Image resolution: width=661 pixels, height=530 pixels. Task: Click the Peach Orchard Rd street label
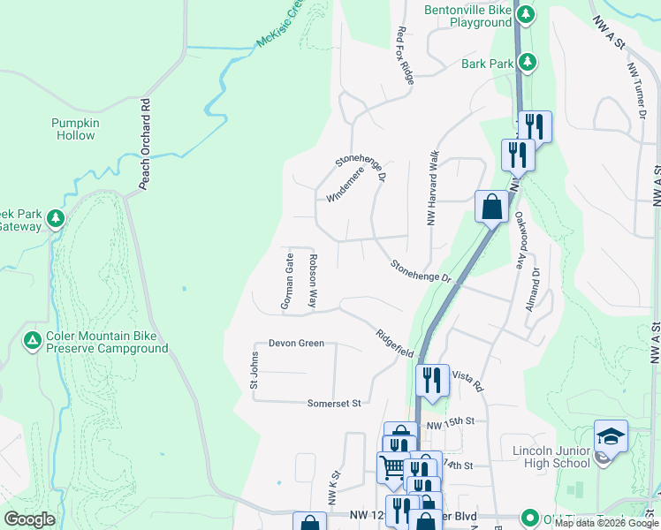(x=146, y=143)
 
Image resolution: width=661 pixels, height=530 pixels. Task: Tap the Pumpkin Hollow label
(x=73, y=129)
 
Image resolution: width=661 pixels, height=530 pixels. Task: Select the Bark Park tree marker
(x=528, y=61)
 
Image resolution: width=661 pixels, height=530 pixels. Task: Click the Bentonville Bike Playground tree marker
(x=526, y=14)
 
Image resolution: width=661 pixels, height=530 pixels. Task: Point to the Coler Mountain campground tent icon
(x=33, y=340)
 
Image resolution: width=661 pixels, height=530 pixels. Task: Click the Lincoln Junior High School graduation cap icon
(x=611, y=438)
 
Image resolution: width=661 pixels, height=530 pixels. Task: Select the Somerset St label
(x=334, y=404)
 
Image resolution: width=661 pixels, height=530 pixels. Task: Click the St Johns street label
(x=255, y=371)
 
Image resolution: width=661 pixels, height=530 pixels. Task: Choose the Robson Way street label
(x=313, y=281)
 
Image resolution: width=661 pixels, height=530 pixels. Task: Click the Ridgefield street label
(x=394, y=343)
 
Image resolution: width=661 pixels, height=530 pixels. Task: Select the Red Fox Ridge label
(x=406, y=55)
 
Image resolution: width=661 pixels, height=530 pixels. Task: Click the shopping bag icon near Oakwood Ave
(x=491, y=208)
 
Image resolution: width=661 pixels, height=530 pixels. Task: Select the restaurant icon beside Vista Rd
(x=432, y=382)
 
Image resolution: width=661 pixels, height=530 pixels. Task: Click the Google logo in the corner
(x=30, y=519)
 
